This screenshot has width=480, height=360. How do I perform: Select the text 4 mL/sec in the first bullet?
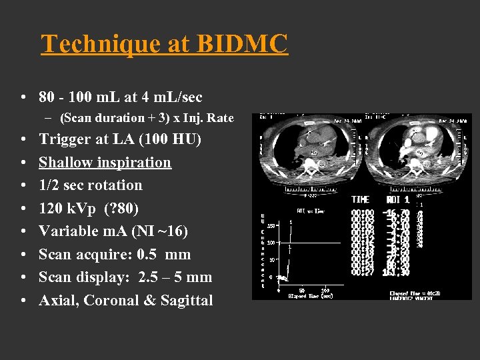[x=169, y=97]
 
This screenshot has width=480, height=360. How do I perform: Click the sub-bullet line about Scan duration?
[x=147, y=118]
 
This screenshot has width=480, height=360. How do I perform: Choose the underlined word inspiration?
[x=140, y=163]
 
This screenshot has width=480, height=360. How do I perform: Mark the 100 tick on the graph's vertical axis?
[x=272, y=243]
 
